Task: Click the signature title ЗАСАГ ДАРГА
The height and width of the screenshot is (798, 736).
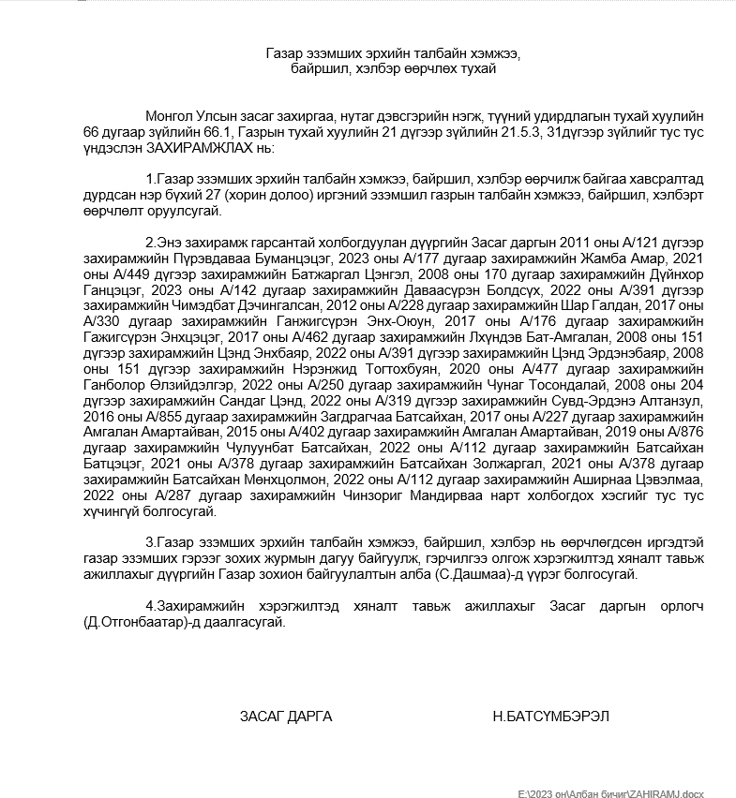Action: click(285, 716)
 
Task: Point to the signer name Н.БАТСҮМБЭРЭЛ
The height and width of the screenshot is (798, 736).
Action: click(551, 716)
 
